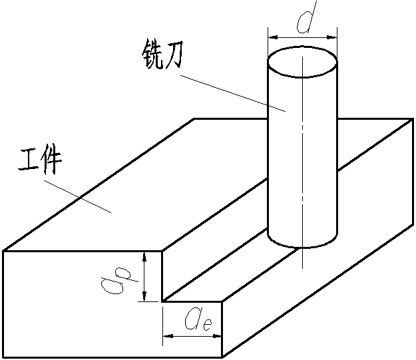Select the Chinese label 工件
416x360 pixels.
(40, 162)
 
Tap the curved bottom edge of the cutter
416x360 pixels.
(302, 246)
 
